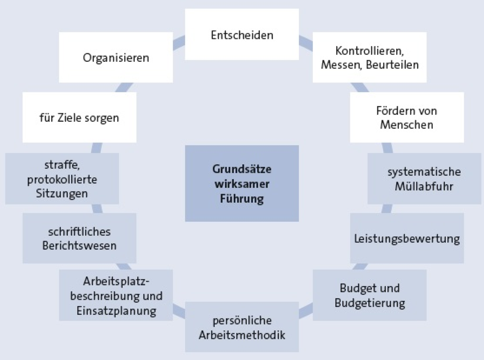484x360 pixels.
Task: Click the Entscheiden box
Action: pos(242,34)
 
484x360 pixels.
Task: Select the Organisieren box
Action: pos(116,57)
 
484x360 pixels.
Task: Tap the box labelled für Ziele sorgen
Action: pos(80,118)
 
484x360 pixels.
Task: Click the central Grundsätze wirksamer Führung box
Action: pos(242,183)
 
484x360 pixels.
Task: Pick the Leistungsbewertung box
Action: pos(407,238)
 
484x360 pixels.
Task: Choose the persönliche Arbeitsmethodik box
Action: pos(242,327)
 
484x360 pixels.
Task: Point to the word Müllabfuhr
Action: pos(424,186)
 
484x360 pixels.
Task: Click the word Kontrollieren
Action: pos(370,51)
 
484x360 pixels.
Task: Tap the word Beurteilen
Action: pos(392,65)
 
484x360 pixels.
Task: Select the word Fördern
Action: pos(390,111)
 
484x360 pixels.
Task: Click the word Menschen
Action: pos(407,125)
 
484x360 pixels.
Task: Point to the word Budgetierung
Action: pos(370,303)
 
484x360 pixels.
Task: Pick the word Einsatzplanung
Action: pos(116,311)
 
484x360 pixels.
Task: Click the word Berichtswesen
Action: pos(79,246)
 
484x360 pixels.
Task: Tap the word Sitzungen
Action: pos(62,194)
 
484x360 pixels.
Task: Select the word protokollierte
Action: pos(62,180)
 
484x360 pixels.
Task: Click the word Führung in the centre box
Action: pos(242,199)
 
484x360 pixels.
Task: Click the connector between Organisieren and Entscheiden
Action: pos(179,43)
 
